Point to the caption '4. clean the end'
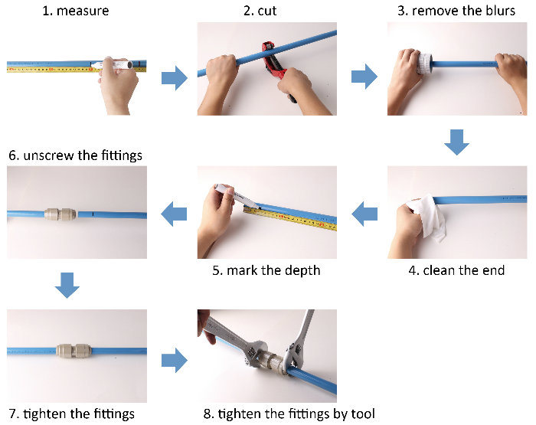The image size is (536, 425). pos(457,270)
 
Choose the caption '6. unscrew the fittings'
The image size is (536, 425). pos(76,155)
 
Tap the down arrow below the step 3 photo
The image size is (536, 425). pos(456,142)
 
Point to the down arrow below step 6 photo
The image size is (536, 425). pos(67,286)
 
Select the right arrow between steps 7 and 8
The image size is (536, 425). pos(175,359)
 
